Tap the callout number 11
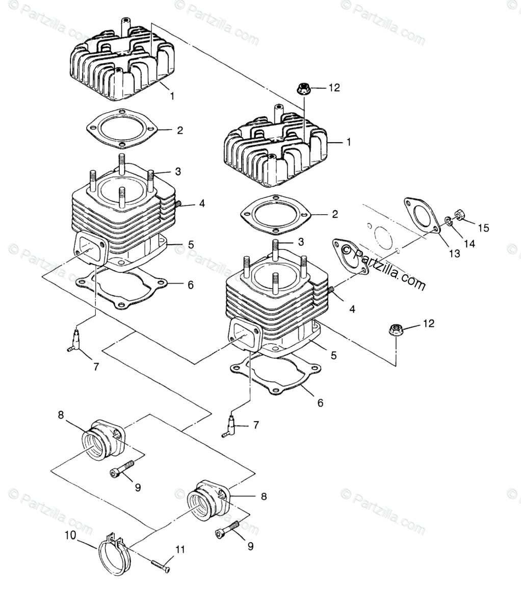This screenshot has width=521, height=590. click(180, 550)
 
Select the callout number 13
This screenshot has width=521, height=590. click(454, 253)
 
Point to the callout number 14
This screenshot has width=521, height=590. click(469, 244)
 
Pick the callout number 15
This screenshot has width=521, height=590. click(483, 228)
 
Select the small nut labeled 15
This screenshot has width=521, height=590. click(458, 215)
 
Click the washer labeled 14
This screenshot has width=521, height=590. click(447, 221)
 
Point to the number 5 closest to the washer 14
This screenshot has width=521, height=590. click(333, 355)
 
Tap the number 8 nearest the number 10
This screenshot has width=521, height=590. click(264, 496)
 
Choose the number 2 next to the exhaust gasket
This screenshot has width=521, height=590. click(334, 214)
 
